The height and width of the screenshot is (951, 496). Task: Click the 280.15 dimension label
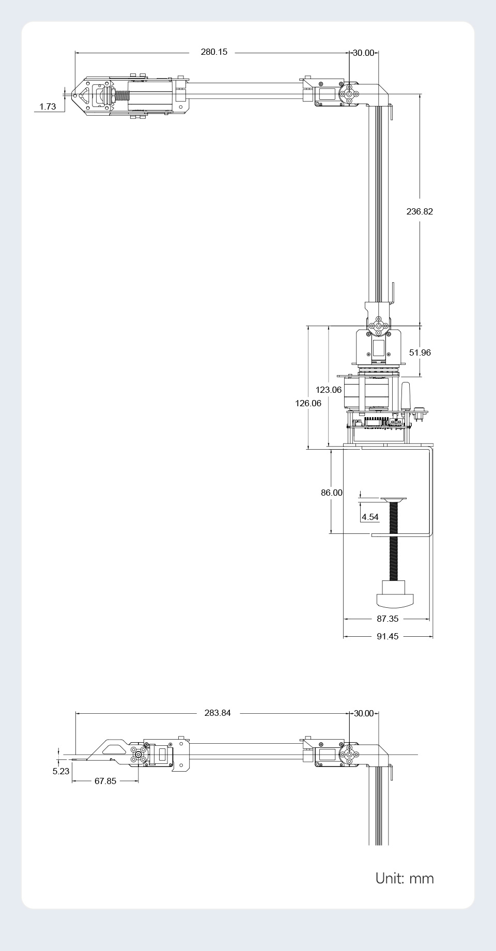coord(214,52)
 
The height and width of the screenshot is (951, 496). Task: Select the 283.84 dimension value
coord(218,713)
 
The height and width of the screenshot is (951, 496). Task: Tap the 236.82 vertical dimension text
coord(420,211)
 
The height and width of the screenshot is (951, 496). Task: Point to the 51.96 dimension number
coord(420,352)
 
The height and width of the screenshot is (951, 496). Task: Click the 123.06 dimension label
coord(329,390)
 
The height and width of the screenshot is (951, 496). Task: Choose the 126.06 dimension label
coord(308,403)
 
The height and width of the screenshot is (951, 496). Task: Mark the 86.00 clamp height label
coord(331,493)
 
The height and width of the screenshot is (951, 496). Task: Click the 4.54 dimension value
coord(370,517)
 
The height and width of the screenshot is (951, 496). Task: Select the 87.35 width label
coord(388,619)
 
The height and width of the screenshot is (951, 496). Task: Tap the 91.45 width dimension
coord(388,636)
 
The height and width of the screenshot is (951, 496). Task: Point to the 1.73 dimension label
coord(47,107)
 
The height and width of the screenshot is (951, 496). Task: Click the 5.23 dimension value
coord(60,771)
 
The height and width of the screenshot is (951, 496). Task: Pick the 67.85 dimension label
coord(105,781)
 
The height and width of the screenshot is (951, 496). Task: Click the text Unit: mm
coord(405,878)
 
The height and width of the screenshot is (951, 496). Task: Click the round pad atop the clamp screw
coord(394,499)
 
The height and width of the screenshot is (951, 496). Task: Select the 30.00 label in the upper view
coord(363,53)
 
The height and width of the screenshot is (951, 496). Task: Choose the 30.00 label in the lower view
coord(363,713)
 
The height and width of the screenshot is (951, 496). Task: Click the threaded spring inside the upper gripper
coord(121,96)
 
